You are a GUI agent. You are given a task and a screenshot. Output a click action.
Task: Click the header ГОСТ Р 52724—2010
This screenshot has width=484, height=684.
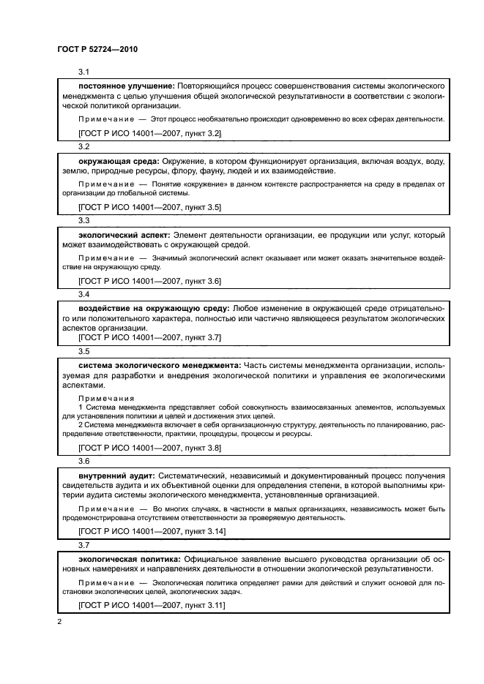click(97, 49)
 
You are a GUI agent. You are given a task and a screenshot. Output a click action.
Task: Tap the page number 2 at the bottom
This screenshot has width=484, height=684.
click(59, 622)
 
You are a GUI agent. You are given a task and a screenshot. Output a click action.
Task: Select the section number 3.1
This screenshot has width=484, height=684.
click(83, 72)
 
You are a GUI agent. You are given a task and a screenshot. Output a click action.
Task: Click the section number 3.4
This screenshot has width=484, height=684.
click(83, 294)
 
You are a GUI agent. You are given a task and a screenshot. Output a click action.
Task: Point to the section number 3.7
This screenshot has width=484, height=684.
click(83, 545)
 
